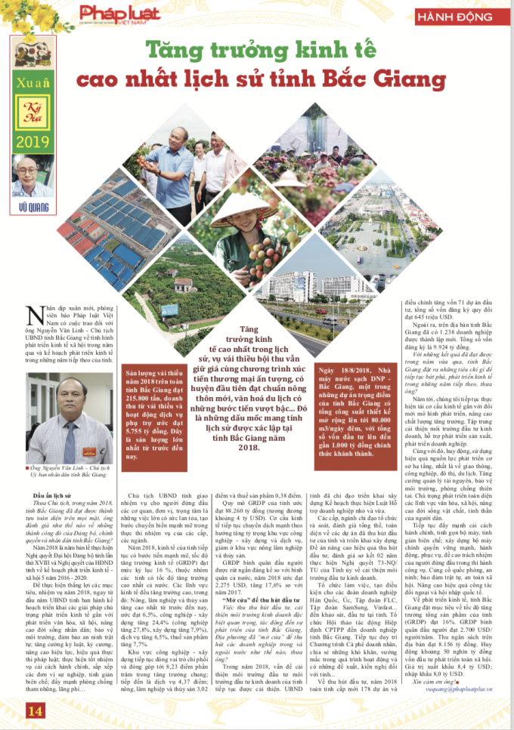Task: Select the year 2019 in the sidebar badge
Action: point(30,143)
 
